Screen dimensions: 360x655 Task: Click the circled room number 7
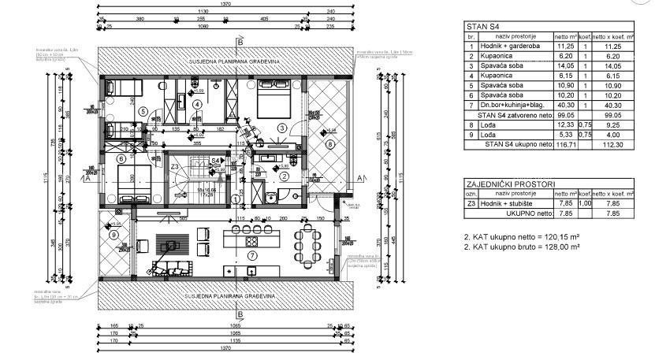(252, 255)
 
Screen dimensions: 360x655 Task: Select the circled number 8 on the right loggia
(329, 144)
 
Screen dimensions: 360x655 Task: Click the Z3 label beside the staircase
(174, 167)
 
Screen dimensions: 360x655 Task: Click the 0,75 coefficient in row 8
(586, 124)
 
